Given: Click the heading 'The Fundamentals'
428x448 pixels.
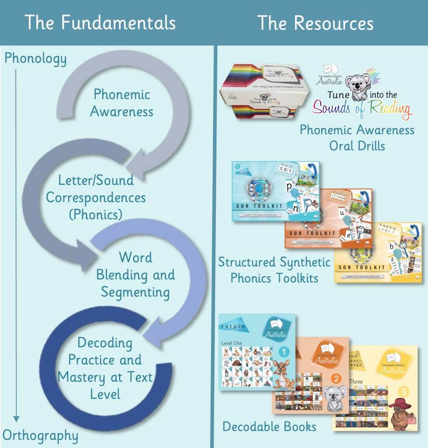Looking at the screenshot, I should coord(100,22).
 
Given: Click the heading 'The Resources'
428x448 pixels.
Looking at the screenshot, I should coord(316,22).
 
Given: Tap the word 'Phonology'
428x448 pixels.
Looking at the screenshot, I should coord(35,59).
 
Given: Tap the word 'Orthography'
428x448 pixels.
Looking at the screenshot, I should coord(41,435).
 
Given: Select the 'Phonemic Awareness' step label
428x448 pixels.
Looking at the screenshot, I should coord(121,103).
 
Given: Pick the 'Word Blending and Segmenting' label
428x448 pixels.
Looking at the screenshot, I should coord(135,274).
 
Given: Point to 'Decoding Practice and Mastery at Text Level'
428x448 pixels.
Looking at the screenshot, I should coord(105,368).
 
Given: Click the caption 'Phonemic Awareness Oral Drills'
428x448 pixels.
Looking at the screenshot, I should coord(357,137).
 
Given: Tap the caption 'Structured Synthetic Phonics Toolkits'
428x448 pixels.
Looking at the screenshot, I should coord(274,270).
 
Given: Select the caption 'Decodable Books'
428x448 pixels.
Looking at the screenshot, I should coord(269,426).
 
